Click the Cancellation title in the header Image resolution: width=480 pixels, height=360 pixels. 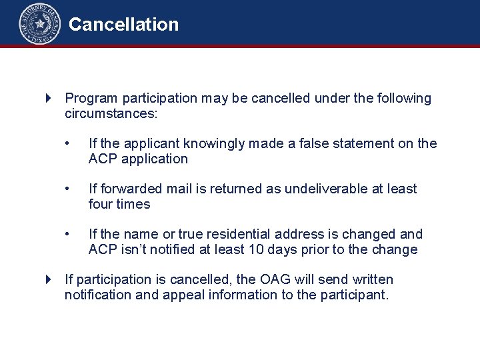click(123, 25)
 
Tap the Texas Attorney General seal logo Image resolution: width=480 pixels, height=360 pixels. click(39, 23)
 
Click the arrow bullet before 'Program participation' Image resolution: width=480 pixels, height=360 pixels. click(48, 99)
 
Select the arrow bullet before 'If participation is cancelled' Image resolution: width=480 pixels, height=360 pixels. click(48, 279)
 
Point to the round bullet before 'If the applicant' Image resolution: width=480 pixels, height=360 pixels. click(67, 144)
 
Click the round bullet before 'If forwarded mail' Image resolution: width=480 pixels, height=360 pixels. click(67, 189)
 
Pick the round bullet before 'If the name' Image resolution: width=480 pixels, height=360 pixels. click(67, 235)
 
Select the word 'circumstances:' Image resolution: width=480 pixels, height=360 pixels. click(111, 113)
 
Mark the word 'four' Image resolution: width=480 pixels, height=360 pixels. click(101, 204)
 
